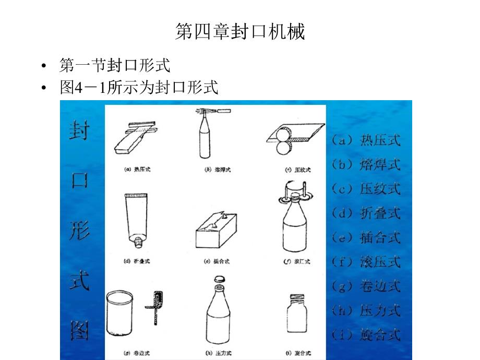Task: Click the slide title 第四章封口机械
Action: [239, 32]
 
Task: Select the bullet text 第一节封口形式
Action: [115, 66]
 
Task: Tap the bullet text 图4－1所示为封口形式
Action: [139, 87]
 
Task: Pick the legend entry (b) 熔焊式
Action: [365, 164]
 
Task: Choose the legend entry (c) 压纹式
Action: [365, 188]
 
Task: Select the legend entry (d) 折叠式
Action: [365, 213]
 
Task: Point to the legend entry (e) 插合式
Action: [365, 237]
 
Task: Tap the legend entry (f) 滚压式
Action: [365, 261]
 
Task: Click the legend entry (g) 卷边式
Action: [365, 286]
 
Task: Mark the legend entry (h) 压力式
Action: [365, 310]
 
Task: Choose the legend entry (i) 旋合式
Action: [365, 334]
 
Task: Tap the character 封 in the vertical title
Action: [79, 129]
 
